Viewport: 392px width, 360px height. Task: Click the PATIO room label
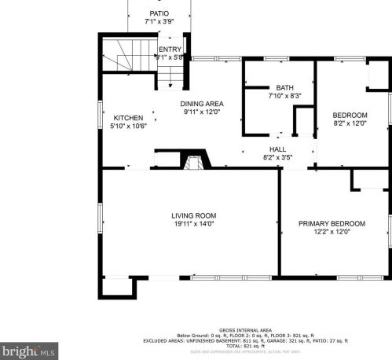(159, 13)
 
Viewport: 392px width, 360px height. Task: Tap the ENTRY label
(170, 49)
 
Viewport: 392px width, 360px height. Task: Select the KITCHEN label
(128, 118)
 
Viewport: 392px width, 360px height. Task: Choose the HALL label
(278, 149)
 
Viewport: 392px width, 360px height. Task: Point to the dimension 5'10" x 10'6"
(128, 127)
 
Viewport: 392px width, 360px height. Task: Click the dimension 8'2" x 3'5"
(278, 157)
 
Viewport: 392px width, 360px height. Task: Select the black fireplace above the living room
(193, 162)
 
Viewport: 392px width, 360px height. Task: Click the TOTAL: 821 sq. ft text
(246, 345)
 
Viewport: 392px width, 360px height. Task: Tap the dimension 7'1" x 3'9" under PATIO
(159, 22)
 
